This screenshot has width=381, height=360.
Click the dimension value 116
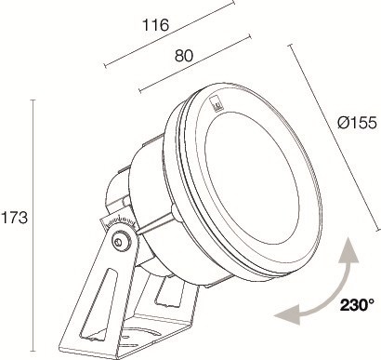(x=156, y=25)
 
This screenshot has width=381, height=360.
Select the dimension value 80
(x=184, y=56)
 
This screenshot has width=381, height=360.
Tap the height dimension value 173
(x=15, y=218)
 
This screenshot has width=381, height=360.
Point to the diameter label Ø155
(x=357, y=123)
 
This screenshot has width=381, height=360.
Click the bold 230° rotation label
(x=357, y=305)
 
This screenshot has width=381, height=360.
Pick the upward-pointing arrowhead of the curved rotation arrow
(x=348, y=250)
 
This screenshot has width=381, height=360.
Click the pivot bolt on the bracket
(x=119, y=242)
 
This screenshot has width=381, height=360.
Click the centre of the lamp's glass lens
(x=253, y=177)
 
